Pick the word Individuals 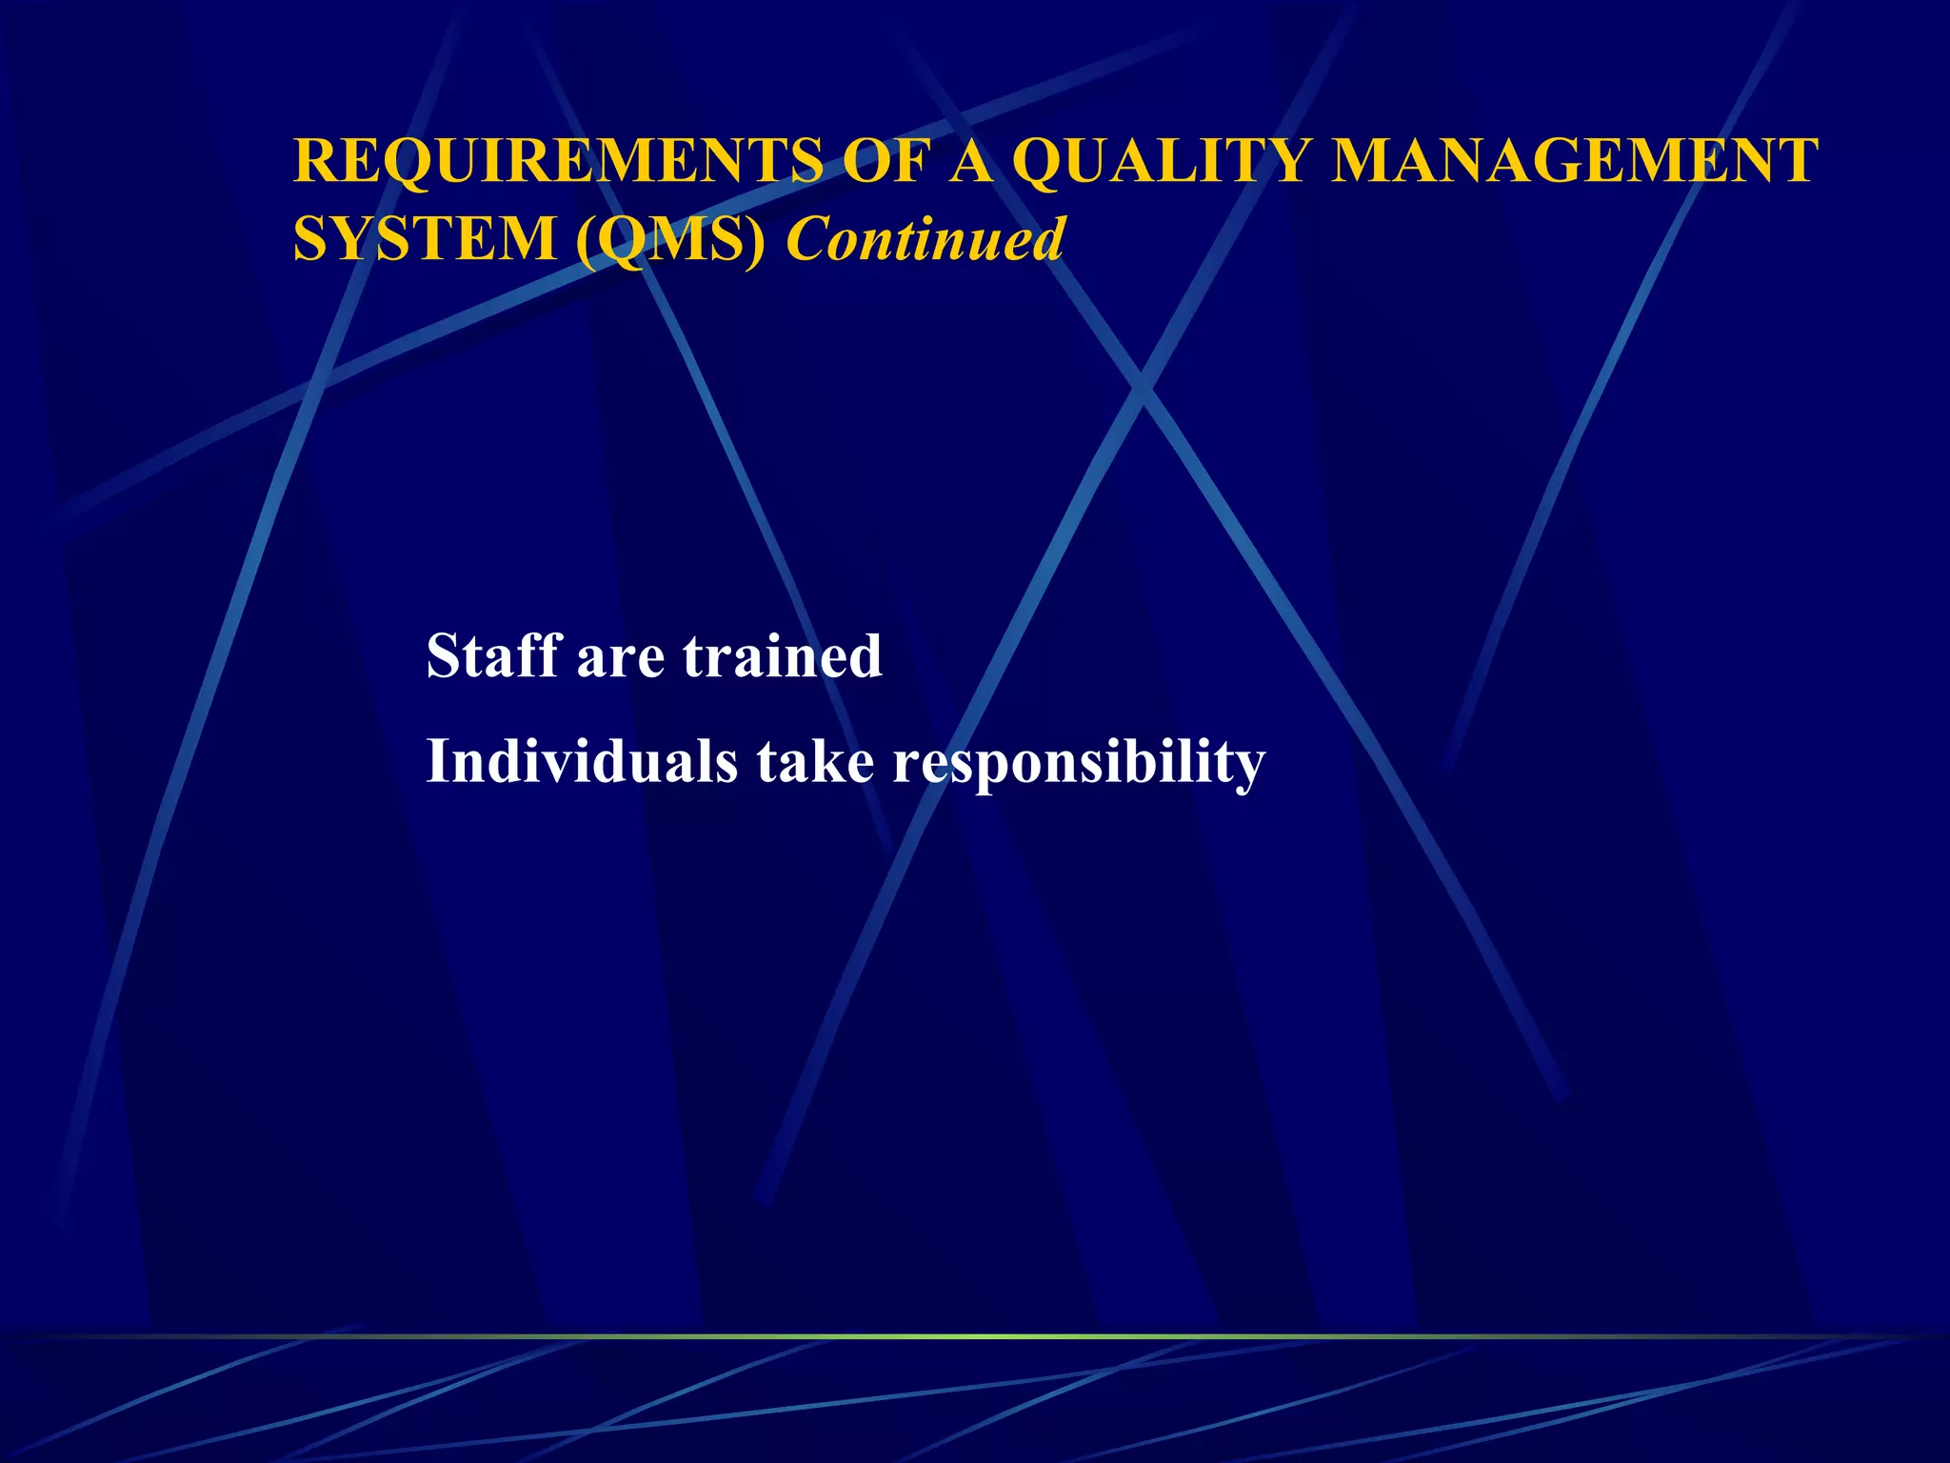[582, 761]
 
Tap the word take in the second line [815, 761]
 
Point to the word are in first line [620, 657]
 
